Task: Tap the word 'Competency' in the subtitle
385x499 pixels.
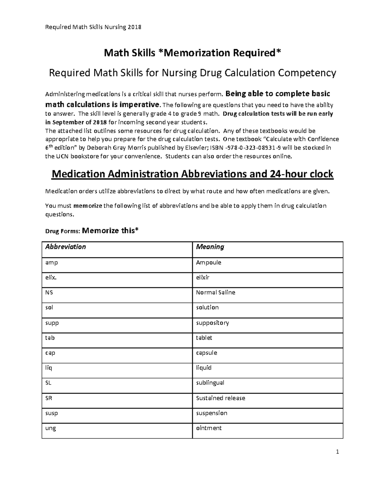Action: pyautogui.click(x=307, y=73)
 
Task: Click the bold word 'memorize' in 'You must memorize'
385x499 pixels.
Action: pyautogui.click(x=88, y=206)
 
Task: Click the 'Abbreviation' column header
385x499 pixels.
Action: pyautogui.click(x=65, y=247)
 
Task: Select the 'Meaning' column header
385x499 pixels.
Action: pyautogui.click(x=210, y=247)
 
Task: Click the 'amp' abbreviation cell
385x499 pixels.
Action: pyautogui.click(x=51, y=263)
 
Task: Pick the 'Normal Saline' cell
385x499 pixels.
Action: pyautogui.click(x=215, y=292)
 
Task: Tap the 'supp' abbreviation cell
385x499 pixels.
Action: pyautogui.click(x=52, y=323)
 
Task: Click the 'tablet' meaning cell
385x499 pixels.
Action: pyautogui.click(x=204, y=338)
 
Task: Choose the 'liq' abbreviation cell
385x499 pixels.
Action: pyautogui.click(x=48, y=368)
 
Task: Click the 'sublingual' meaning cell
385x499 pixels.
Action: pyautogui.click(x=210, y=383)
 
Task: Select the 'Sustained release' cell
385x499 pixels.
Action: pyautogui.click(x=220, y=398)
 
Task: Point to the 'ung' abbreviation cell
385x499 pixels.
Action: pyautogui.click(x=51, y=428)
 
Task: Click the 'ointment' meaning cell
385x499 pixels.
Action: pyautogui.click(x=209, y=428)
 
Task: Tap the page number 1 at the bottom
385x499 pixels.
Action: pyautogui.click(x=337, y=452)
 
